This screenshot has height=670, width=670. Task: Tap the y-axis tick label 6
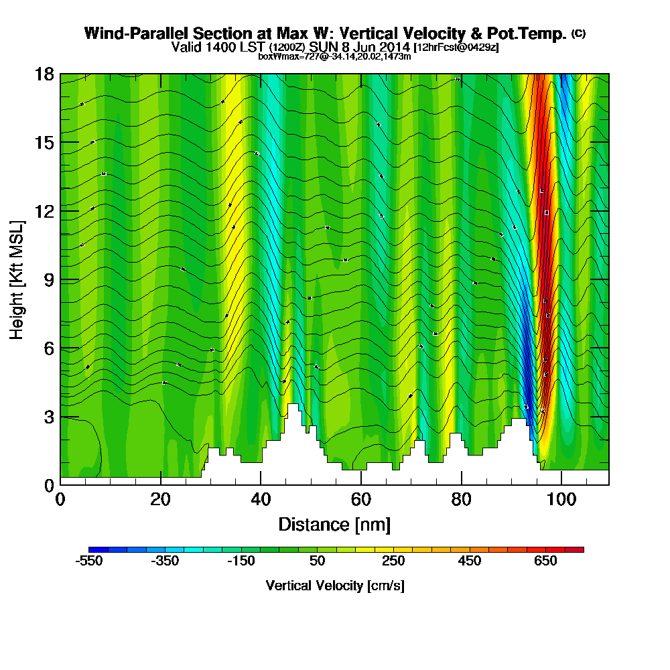point(48,348)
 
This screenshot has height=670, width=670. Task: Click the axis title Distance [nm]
point(334,524)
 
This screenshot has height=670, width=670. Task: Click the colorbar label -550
point(89,561)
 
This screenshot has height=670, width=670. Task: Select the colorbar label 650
point(545,561)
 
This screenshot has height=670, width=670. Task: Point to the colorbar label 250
point(393,561)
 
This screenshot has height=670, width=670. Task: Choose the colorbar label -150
point(241,561)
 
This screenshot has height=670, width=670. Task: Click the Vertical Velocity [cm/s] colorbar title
point(334,586)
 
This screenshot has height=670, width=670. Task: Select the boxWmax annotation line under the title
point(334,56)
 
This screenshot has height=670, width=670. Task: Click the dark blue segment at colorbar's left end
point(94,549)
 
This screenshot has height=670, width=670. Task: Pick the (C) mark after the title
point(578,33)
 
